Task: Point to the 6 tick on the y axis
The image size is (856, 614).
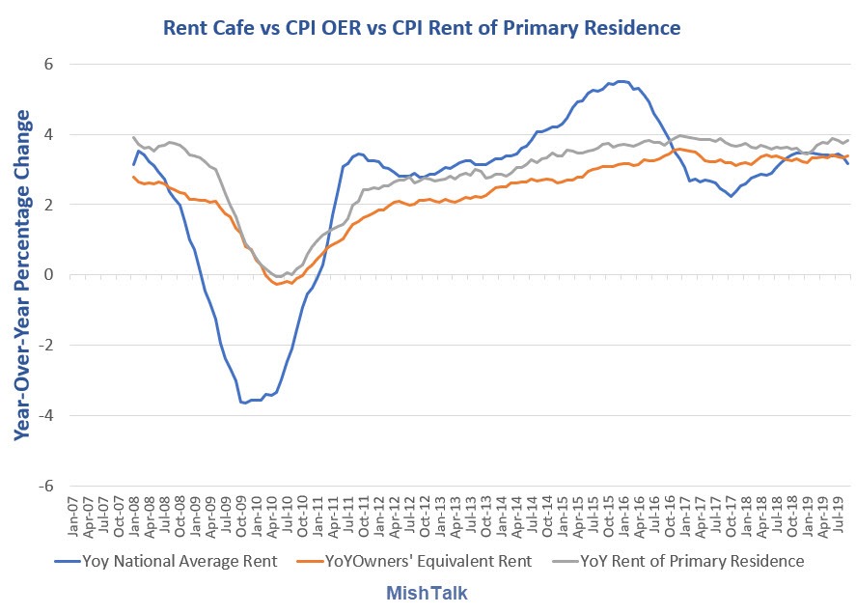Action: point(46,65)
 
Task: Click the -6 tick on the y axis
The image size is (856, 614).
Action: point(43,487)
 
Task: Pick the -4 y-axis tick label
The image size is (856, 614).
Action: point(43,416)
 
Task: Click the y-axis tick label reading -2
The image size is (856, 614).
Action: point(43,346)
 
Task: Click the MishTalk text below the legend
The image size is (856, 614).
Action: point(428,591)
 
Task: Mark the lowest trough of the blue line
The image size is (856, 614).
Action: point(244,402)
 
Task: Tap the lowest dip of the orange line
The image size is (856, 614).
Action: point(277,284)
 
